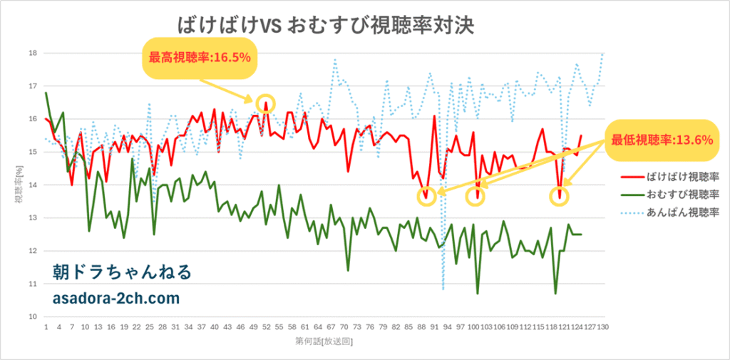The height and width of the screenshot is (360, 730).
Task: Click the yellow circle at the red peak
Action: point(265,103)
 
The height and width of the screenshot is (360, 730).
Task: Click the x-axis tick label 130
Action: point(603,328)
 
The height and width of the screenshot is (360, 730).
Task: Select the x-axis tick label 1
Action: point(46,328)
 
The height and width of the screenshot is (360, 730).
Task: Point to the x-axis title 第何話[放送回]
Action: point(324,343)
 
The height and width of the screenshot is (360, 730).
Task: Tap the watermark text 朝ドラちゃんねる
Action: point(122,272)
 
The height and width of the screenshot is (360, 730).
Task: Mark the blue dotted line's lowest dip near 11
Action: point(443,289)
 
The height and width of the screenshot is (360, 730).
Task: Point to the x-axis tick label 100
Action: point(473,328)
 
